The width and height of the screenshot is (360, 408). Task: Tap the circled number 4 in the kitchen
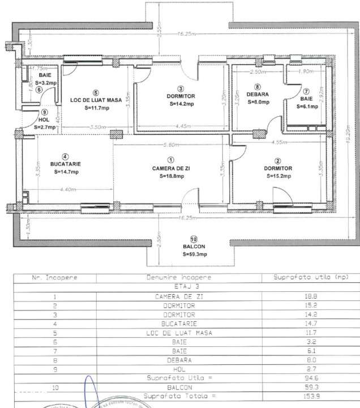[66, 157]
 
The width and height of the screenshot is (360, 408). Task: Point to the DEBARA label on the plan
[258, 95]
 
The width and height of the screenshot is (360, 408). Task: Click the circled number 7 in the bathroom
[306, 91]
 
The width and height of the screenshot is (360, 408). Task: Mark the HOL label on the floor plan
[45, 120]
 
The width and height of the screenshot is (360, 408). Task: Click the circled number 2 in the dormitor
[277, 161]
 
